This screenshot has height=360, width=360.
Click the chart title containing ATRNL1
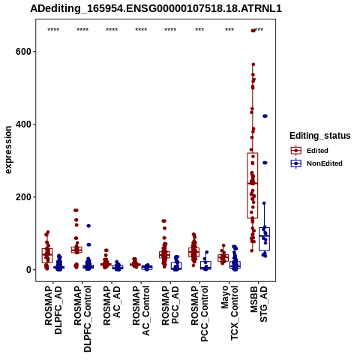[x=156, y=8]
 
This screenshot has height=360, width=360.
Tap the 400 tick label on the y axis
[x=23, y=124]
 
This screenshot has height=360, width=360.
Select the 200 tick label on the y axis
[x=23, y=197]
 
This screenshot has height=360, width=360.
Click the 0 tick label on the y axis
[x=29, y=270]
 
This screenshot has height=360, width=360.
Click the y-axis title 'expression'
[x=8, y=150]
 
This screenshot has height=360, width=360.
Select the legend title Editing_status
[x=320, y=136]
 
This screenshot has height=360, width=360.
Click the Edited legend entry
[x=310, y=151]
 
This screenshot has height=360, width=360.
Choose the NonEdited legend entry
[x=316, y=163]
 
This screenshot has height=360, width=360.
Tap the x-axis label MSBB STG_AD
[x=259, y=304]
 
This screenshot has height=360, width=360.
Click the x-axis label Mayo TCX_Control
[x=229, y=313]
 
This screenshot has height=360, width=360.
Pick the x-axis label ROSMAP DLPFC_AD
[x=53, y=310]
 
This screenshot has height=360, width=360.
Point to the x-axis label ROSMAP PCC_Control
[x=199, y=313]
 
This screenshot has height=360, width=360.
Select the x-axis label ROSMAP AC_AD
[x=112, y=305]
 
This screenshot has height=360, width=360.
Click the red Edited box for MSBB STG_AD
[x=253, y=185]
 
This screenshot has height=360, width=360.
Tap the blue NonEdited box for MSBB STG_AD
[x=264, y=239]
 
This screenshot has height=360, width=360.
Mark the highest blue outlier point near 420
[x=265, y=116]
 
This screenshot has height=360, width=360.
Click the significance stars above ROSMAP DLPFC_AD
[x=53, y=29]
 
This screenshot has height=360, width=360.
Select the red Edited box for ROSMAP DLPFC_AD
[x=47, y=256]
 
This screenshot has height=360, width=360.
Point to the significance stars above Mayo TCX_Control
[x=229, y=29]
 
